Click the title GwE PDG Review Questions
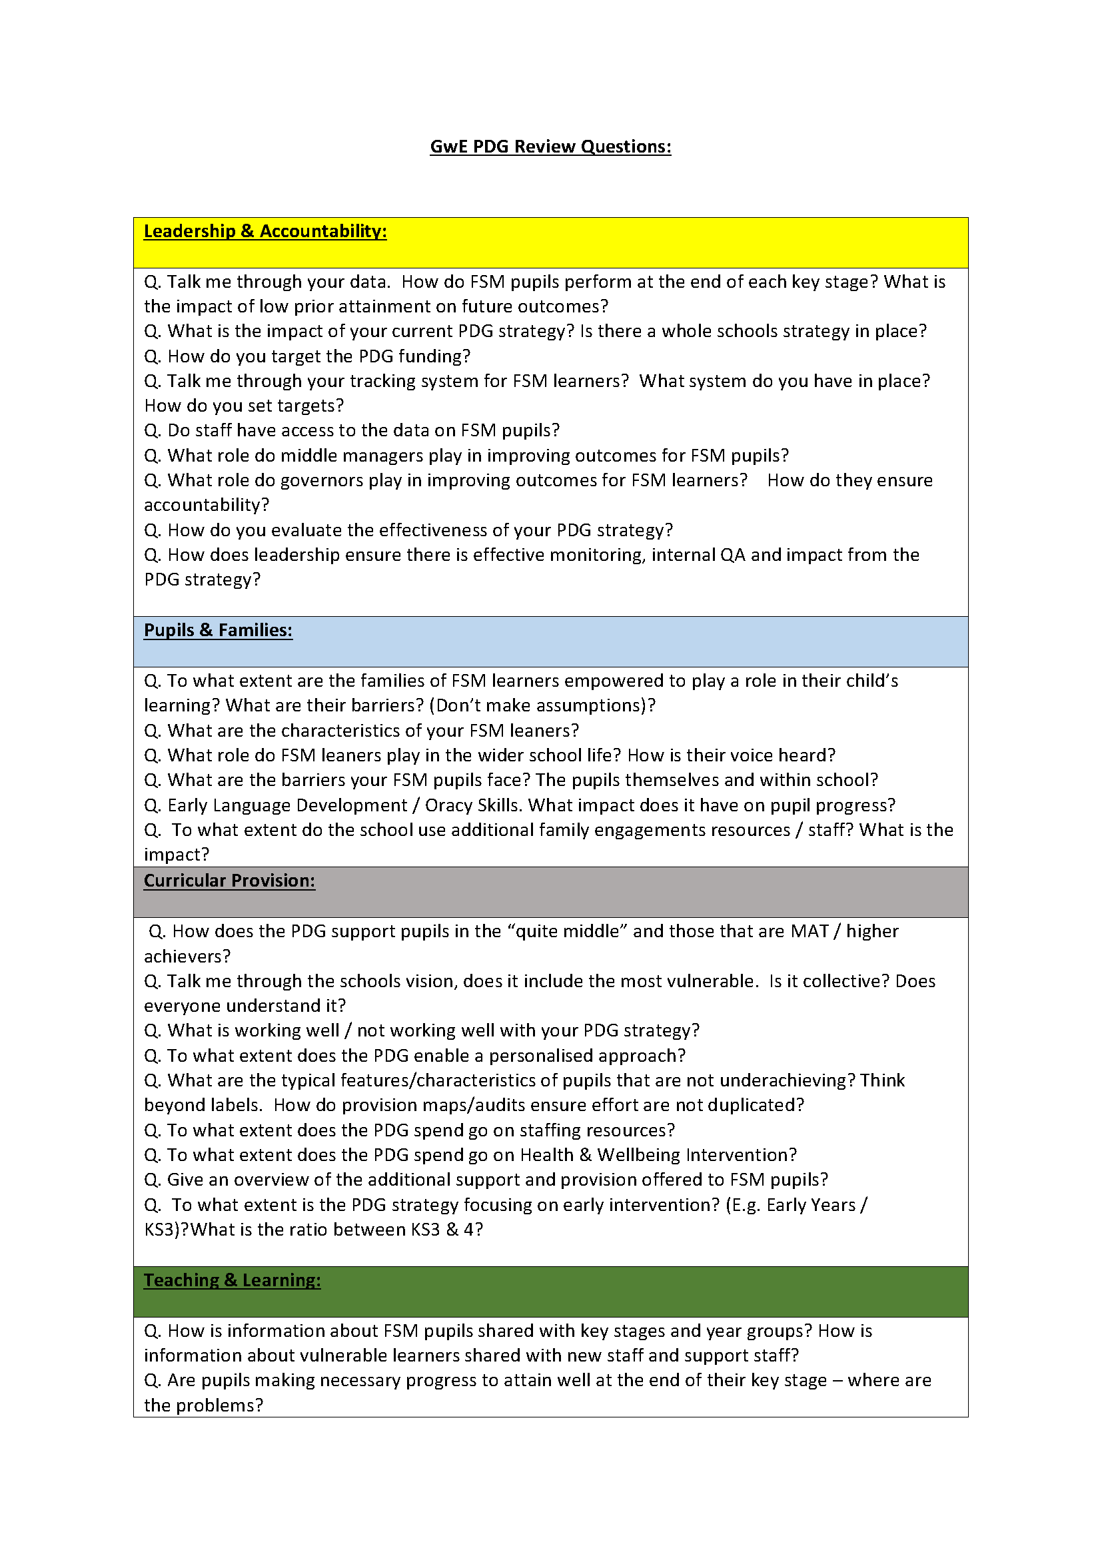(x=550, y=147)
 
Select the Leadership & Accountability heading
(x=265, y=231)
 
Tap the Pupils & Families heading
(x=218, y=630)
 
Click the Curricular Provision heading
(x=229, y=881)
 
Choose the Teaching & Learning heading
(x=232, y=1280)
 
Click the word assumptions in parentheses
(x=589, y=705)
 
